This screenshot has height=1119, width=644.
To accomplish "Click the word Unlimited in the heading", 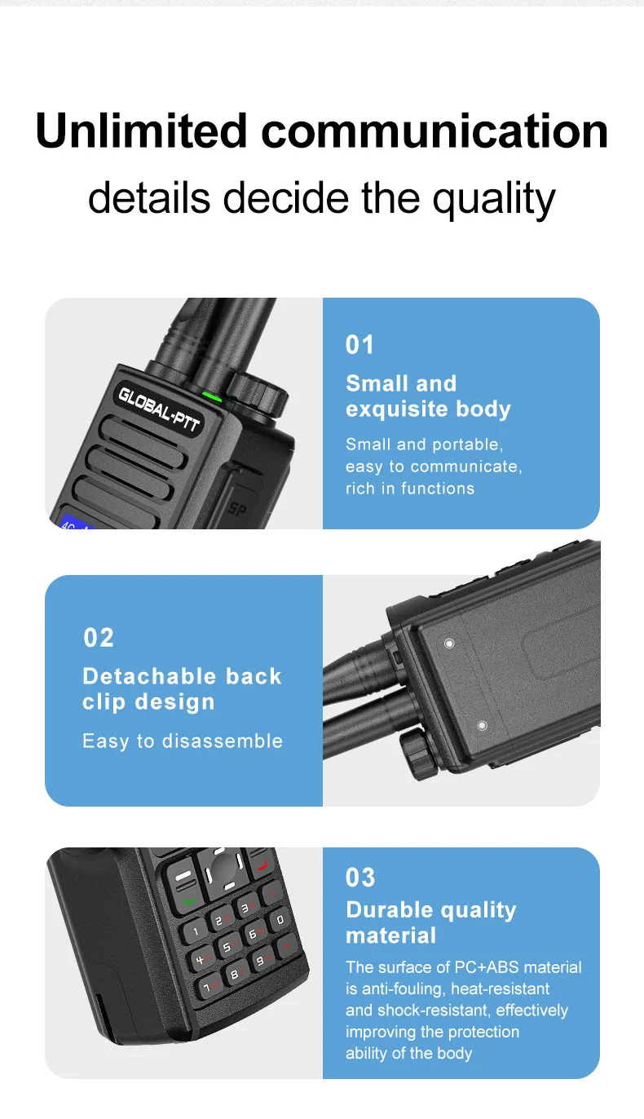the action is tap(141, 130).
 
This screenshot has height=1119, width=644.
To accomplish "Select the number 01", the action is tap(359, 345).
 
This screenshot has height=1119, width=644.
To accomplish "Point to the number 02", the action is tap(99, 638).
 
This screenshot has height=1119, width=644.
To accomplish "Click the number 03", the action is tap(360, 878).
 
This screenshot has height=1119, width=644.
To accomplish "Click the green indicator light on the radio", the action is tap(212, 398).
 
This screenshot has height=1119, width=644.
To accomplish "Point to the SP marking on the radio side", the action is tap(238, 509).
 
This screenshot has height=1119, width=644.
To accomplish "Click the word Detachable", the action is tap(149, 676).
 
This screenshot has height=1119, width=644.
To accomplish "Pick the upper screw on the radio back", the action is tap(449, 644).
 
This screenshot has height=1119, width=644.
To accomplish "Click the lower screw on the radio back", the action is tap(483, 725).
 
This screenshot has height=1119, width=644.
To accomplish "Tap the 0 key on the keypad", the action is tap(280, 920).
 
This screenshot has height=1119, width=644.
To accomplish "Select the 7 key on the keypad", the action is tap(208, 987).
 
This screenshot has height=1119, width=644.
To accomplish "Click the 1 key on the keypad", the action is tap(195, 931).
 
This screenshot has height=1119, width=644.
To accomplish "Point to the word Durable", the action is tap(391, 910).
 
